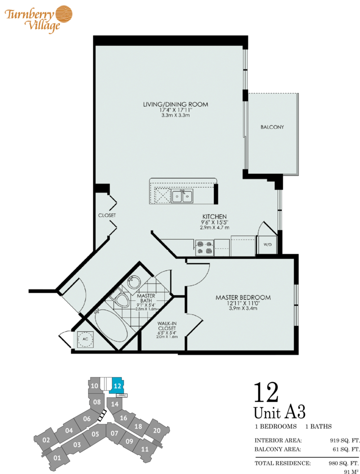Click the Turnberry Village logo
coord(38,18)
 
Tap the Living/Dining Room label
coord(176,104)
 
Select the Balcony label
coord(272,127)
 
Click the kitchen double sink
coord(182,196)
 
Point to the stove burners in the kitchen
coord(204,248)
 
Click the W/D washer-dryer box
coord(268,245)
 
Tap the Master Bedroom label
coord(243,297)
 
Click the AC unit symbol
coord(85,339)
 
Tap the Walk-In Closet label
coord(167,325)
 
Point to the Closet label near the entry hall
coord(107,216)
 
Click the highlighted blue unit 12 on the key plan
coord(117,386)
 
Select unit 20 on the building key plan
coord(157,430)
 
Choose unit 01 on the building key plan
coord(57,458)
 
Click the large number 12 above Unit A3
coord(266,392)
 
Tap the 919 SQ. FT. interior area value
coord(344,441)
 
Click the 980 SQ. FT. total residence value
coord(344,463)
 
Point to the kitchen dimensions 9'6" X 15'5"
coord(214,222)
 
